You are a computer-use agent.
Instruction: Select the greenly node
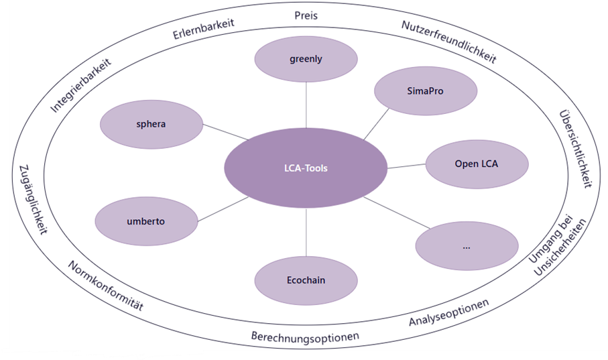tap(306, 59)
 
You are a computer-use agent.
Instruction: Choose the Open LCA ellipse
tap(477, 163)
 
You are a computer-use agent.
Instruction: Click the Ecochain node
tap(306, 280)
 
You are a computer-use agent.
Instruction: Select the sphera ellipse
tap(151, 124)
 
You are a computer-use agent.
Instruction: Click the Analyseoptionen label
tap(448, 312)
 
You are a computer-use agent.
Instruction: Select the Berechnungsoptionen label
tap(305, 335)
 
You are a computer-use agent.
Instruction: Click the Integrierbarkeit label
tap(80, 84)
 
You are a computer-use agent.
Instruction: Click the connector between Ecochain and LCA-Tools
tap(306, 232)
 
